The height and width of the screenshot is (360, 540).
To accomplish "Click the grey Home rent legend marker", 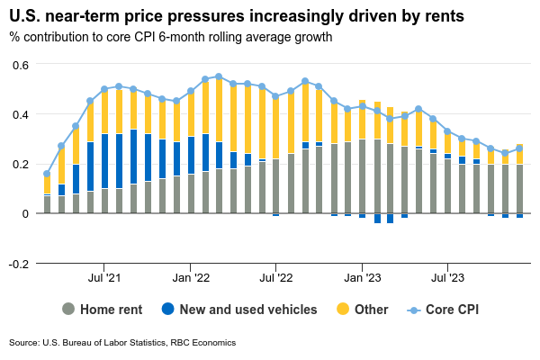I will pos(67,310).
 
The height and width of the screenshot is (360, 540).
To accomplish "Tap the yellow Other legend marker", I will pos(341,310).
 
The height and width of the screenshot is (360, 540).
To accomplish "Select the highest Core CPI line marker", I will pos(219,76).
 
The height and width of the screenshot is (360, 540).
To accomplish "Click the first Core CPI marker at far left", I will pos(47,174).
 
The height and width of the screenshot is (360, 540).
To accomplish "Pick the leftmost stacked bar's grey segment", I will pos(47,204).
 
